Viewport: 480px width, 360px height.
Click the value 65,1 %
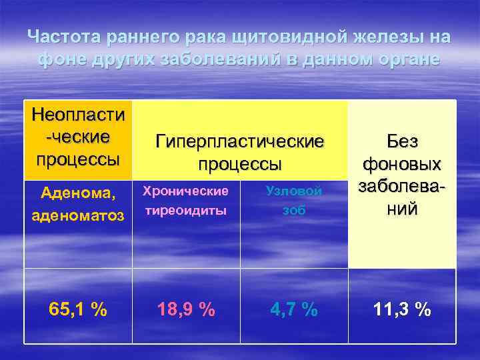(x=78, y=309)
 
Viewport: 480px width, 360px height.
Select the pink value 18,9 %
(x=186, y=309)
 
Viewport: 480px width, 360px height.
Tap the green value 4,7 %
(x=294, y=309)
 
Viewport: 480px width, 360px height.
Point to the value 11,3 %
(x=401, y=309)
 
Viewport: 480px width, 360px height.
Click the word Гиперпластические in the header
(x=240, y=141)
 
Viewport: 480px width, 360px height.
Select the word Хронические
(x=186, y=191)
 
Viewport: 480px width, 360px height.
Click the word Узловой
(x=294, y=191)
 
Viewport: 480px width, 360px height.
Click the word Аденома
(x=77, y=193)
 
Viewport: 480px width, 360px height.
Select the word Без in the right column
(x=401, y=142)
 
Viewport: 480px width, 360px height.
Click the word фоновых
(x=401, y=164)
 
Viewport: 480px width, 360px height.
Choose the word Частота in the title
(x=60, y=36)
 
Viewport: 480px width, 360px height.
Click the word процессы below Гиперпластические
(x=240, y=164)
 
